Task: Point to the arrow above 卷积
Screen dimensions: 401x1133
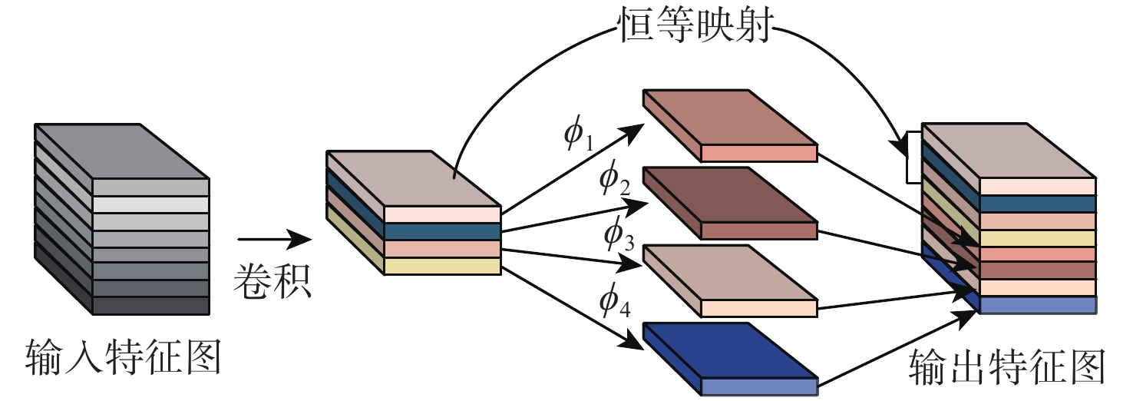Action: click(x=273, y=244)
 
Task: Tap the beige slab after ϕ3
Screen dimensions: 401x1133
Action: click(x=729, y=278)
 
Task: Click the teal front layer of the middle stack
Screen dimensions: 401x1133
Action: click(x=442, y=231)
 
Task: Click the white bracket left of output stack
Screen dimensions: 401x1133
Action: click(x=913, y=157)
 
